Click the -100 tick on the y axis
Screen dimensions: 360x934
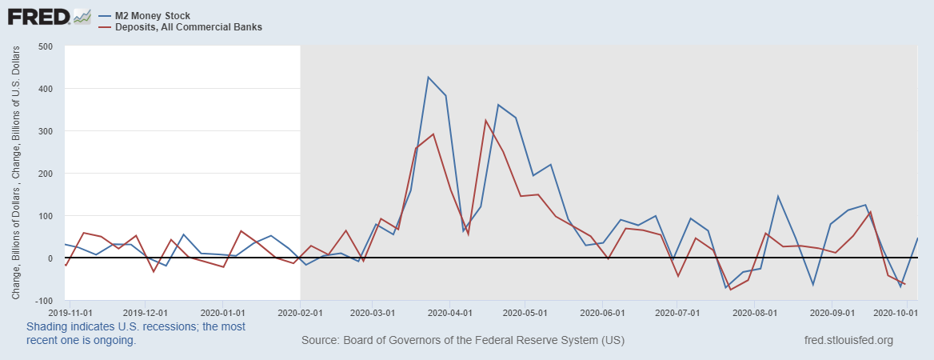pyautogui.click(x=42, y=301)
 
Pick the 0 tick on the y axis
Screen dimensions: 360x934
pyautogui.click(x=50, y=258)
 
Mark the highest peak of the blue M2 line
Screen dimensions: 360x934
pyautogui.click(x=428, y=77)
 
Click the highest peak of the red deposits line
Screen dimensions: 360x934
pyautogui.click(x=485, y=120)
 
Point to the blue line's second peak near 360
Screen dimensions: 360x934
pyautogui.click(x=498, y=105)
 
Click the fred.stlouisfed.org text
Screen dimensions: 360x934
pyautogui.click(x=848, y=341)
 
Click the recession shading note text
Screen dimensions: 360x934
pyautogui.click(x=136, y=334)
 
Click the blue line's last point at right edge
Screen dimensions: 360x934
pyautogui.click(x=917, y=238)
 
